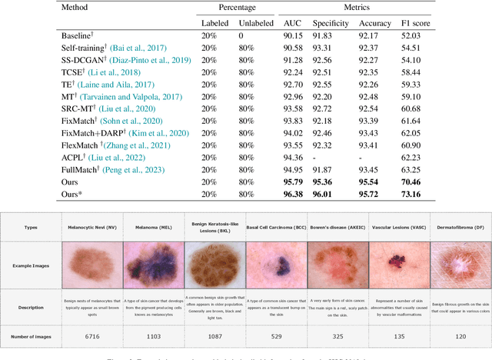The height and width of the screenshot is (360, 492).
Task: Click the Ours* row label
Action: [74, 195]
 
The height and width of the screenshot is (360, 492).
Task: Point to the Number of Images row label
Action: [33, 336]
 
